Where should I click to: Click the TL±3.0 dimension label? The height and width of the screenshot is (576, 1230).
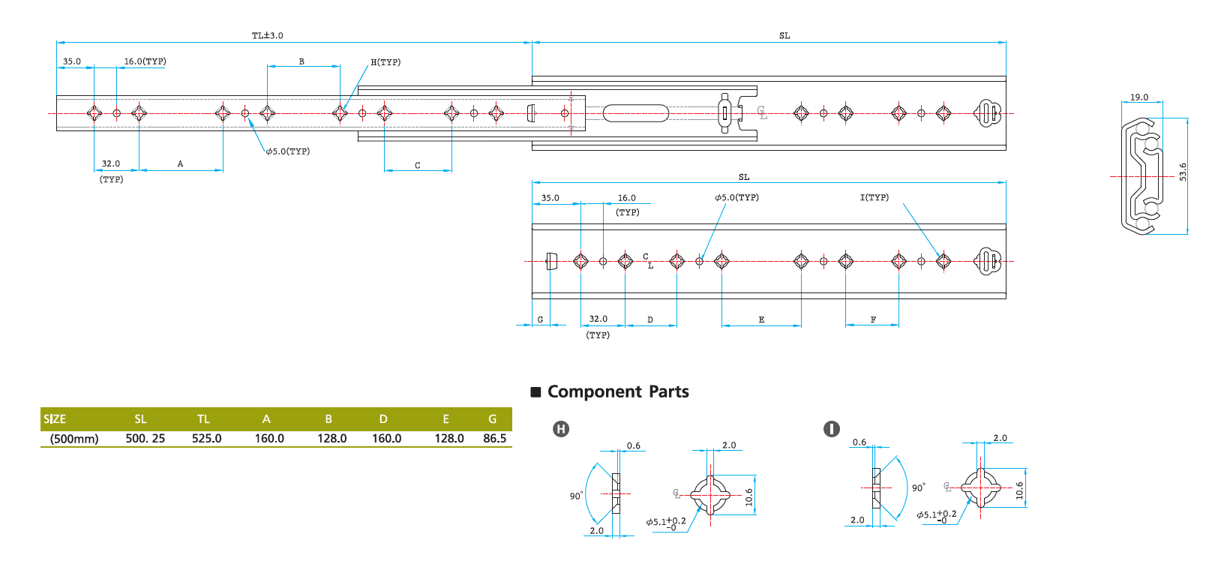(x=267, y=35)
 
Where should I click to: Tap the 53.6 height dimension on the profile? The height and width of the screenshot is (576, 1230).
(x=1183, y=172)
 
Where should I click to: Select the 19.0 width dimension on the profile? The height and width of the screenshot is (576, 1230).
(x=1139, y=97)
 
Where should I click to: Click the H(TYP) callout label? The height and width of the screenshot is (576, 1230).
(x=385, y=62)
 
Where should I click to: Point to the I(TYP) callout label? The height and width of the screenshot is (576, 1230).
(x=874, y=197)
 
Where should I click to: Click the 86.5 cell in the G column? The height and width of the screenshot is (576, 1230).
(x=494, y=438)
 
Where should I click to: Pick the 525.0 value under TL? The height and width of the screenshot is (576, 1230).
(x=206, y=438)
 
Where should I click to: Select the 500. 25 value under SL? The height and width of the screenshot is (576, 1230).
(x=145, y=438)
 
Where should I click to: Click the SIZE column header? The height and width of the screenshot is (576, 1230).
(x=55, y=419)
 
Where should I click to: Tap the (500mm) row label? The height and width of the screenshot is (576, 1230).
(x=74, y=439)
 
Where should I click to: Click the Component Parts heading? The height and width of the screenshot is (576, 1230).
(x=618, y=391)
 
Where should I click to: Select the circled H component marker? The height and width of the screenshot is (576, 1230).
(x=561, y=429)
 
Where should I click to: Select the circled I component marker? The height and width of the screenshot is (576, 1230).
(x=831, y=429)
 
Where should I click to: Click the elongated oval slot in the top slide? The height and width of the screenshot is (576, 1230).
(x=635, y=113)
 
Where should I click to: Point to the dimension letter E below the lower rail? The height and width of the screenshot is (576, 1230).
(x=761, y=320)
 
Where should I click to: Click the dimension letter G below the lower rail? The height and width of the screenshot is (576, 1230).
(x=540, y=320)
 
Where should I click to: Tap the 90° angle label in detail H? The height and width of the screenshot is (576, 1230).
(x=575, y=496)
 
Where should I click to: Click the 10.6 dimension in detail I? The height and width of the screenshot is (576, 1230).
(x=1019, y=490)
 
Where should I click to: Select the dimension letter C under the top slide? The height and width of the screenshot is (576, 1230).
(x=418, y=166)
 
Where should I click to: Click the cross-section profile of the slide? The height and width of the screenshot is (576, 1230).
(x=1141, y=176)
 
